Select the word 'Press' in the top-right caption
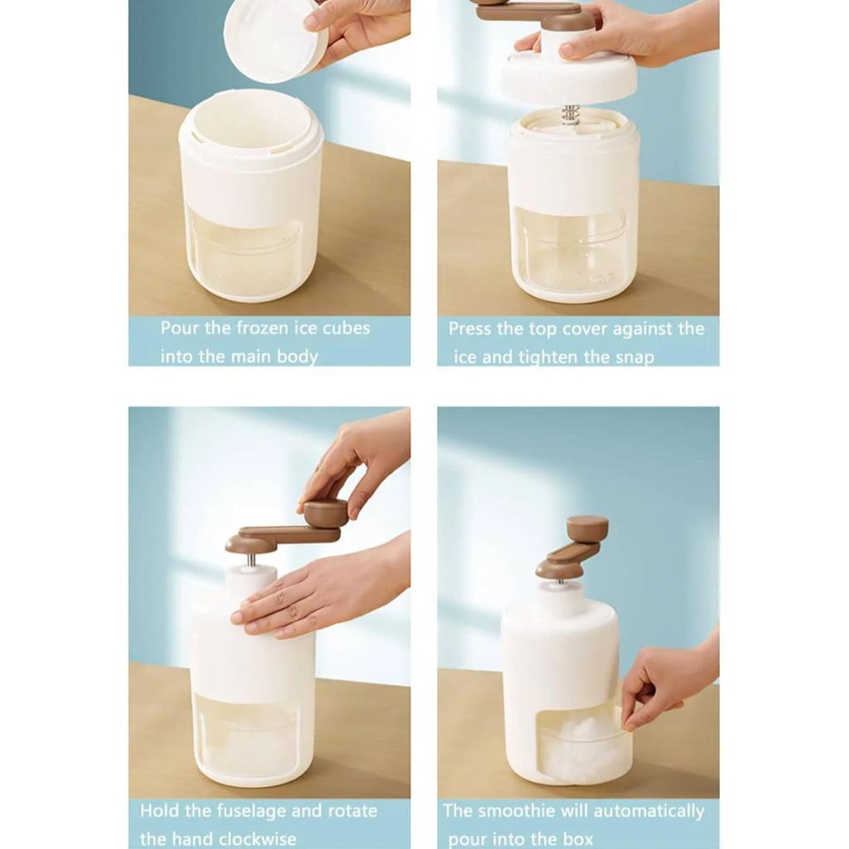[470, 328]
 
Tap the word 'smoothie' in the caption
[514, 811]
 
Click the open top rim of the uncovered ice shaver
[250, 120]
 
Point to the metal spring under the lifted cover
[570, 114]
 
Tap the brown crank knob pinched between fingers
[326, 512]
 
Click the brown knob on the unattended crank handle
[587, 528]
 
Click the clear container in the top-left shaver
[245, 253]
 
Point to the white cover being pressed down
[569, 76]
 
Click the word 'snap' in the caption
[635, 357]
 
